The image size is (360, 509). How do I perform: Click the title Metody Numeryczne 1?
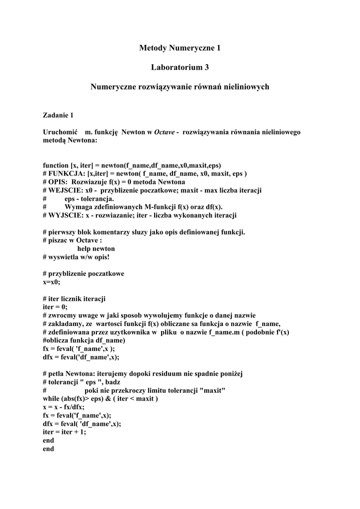click(180, 48)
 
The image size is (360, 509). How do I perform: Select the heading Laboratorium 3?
click(180, 67)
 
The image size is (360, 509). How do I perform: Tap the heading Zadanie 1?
click(58, 115)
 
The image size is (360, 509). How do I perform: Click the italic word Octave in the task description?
click(164, 132)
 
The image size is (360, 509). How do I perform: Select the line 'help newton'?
click(96, 249)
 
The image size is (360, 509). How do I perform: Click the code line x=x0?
click(51, 282)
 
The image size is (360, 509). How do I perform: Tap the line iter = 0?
click(55, 307)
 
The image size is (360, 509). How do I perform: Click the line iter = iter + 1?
click(65, 432)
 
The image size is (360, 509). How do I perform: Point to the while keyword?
click(51, 399)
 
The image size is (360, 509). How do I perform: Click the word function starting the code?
click(56, 166)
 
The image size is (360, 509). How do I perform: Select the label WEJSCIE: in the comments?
click(66, 190)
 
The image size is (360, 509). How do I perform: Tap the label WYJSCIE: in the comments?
click(66, 215)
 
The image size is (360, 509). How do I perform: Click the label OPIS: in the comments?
click(59, 182)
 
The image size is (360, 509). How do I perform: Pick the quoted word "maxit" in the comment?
click(212, 390)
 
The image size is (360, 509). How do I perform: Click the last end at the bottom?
click(48, 448)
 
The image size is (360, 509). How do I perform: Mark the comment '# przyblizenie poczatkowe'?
click(84, 273)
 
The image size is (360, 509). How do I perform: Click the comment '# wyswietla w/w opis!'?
click(76, 257)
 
